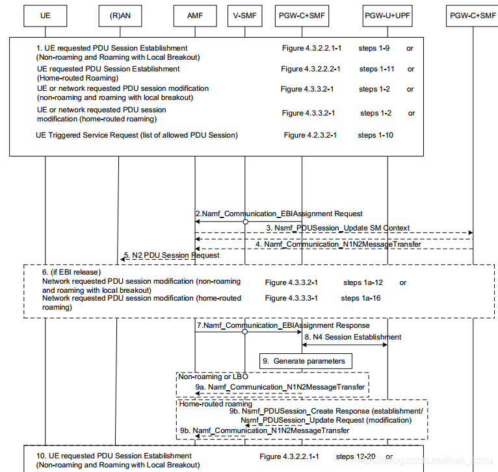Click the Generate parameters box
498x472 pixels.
(306, 360)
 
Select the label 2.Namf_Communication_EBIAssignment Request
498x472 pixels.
(280, 213)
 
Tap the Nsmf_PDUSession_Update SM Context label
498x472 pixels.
(337, 228)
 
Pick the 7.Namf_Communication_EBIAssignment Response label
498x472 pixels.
(283, 325)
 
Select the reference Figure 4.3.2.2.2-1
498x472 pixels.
(311, 69)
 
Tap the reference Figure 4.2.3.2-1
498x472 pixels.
(310, 135)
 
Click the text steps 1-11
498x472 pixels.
(377, 69)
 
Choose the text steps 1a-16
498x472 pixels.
(361, 298)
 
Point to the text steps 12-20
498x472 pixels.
(356, 456)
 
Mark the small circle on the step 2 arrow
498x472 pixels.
(246, 221)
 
